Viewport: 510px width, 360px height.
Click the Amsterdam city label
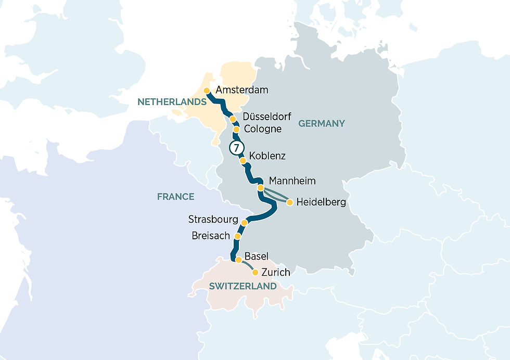(242, 90)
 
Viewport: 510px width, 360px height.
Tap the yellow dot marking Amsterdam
(207, 91)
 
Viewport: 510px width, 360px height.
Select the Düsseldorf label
(267, 117)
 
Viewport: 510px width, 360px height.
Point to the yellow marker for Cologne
(236, 129)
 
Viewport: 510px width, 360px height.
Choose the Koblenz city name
(267, 156)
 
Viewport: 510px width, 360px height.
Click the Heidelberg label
(321, 202)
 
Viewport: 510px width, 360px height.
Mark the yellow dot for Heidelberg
(290, 202)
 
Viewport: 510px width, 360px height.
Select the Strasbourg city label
(213, 220)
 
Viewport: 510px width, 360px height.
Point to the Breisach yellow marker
(237, 236)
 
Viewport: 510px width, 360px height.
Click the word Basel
(256, 256)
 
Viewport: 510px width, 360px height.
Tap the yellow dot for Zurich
(255, 272)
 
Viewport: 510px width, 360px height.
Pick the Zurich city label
(276, 272)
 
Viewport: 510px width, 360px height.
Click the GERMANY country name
(321, 123)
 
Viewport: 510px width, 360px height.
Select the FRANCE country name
(175, 197)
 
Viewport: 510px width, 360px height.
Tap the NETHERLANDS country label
(172, 102)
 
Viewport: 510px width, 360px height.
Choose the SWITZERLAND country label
(242, 286)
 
